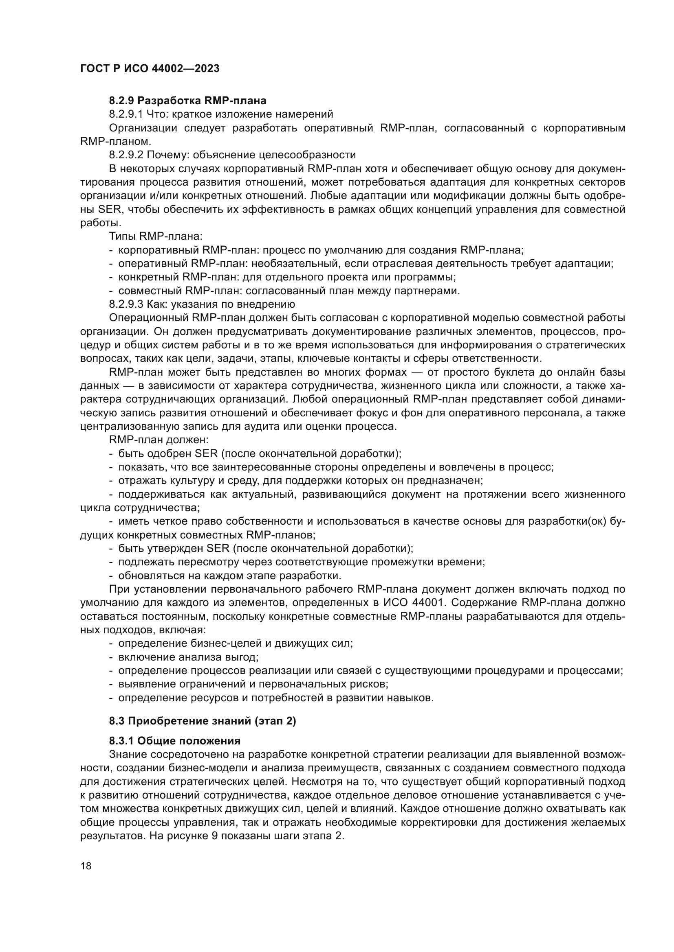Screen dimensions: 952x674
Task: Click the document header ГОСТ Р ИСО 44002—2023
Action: click(x=150, y=69)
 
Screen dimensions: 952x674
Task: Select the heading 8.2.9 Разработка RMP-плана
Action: click(x=187, y=101)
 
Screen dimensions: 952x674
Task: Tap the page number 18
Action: click(x=86, y=866)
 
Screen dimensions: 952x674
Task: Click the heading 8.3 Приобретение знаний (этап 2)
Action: click(x=203, y=721)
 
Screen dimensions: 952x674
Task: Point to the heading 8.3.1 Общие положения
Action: click(x=175, y=741)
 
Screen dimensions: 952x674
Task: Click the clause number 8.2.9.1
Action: click(x=126, y=114)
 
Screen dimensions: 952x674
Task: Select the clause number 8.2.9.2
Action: click(x=126, y=155)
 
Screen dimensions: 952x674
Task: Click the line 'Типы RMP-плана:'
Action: click(x=156, y=236)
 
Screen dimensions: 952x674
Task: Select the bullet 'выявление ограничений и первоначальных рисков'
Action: click(x=253, y=684)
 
